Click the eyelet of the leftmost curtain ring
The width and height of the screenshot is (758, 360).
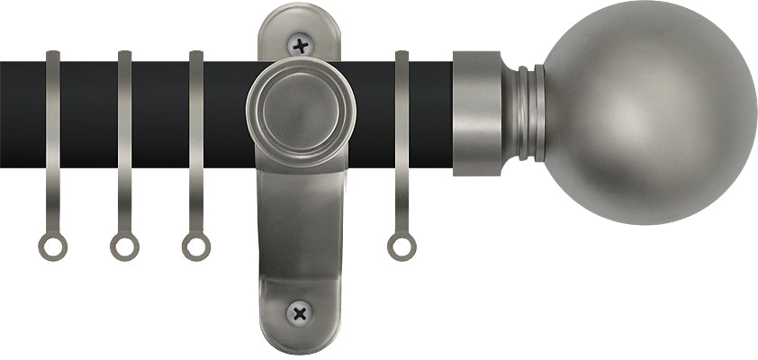(x=52, y=245)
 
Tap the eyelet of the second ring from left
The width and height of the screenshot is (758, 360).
(x=124, y=245)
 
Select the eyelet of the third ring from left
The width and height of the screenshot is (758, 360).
(x=195, y=245)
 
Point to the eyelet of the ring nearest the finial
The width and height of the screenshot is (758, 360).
(x=402, y=245)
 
